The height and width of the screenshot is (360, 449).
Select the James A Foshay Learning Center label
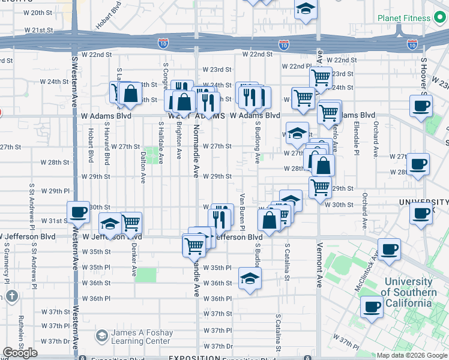click(142, 337)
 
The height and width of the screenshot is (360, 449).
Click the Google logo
click(20, 353)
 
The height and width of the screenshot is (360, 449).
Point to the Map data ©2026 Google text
click(411, 355)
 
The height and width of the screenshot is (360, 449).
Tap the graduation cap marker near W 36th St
click(250, 278)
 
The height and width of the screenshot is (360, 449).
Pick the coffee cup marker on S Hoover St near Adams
click(420, 106)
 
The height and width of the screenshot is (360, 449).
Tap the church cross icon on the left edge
click(11, 296)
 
